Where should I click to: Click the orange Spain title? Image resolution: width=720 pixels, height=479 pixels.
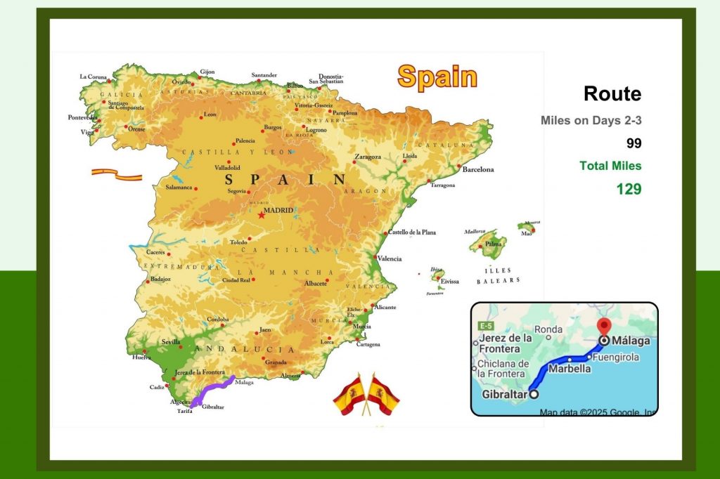(x=437, y=77)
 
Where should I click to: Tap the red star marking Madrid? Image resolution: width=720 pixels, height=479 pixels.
(x=262, y=214)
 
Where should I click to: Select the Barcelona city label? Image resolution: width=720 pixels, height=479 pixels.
(x=477, y=169)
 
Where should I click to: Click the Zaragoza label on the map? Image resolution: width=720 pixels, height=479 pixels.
(x=368, y=157)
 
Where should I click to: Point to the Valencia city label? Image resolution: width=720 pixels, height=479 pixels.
(x=390, y=258)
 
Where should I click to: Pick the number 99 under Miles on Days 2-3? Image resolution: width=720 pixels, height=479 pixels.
(x=634, y=143)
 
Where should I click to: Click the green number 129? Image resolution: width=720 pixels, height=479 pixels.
(x=629, y=189)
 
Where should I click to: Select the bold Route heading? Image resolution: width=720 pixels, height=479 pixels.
(x=612, y=94)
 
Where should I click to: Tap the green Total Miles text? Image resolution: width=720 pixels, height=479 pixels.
(x=610, y=166)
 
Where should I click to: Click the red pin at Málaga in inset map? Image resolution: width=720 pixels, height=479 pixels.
(x=603, y=328)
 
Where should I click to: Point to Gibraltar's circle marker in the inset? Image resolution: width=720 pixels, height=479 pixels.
(x=534, y=394)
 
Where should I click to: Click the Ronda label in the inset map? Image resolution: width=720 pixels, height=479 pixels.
(x=548, y=329)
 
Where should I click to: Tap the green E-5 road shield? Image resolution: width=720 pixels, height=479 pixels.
(x=485, y=327)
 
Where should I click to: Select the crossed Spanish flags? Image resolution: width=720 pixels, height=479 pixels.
(x=366, y=394)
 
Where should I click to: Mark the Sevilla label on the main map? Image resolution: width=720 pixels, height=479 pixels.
(x=171, y=342)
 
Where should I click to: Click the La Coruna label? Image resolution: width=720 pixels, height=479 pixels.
(x=94, y=77)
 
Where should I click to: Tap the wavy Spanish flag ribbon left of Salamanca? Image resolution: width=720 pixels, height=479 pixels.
(x=116, y=173)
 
